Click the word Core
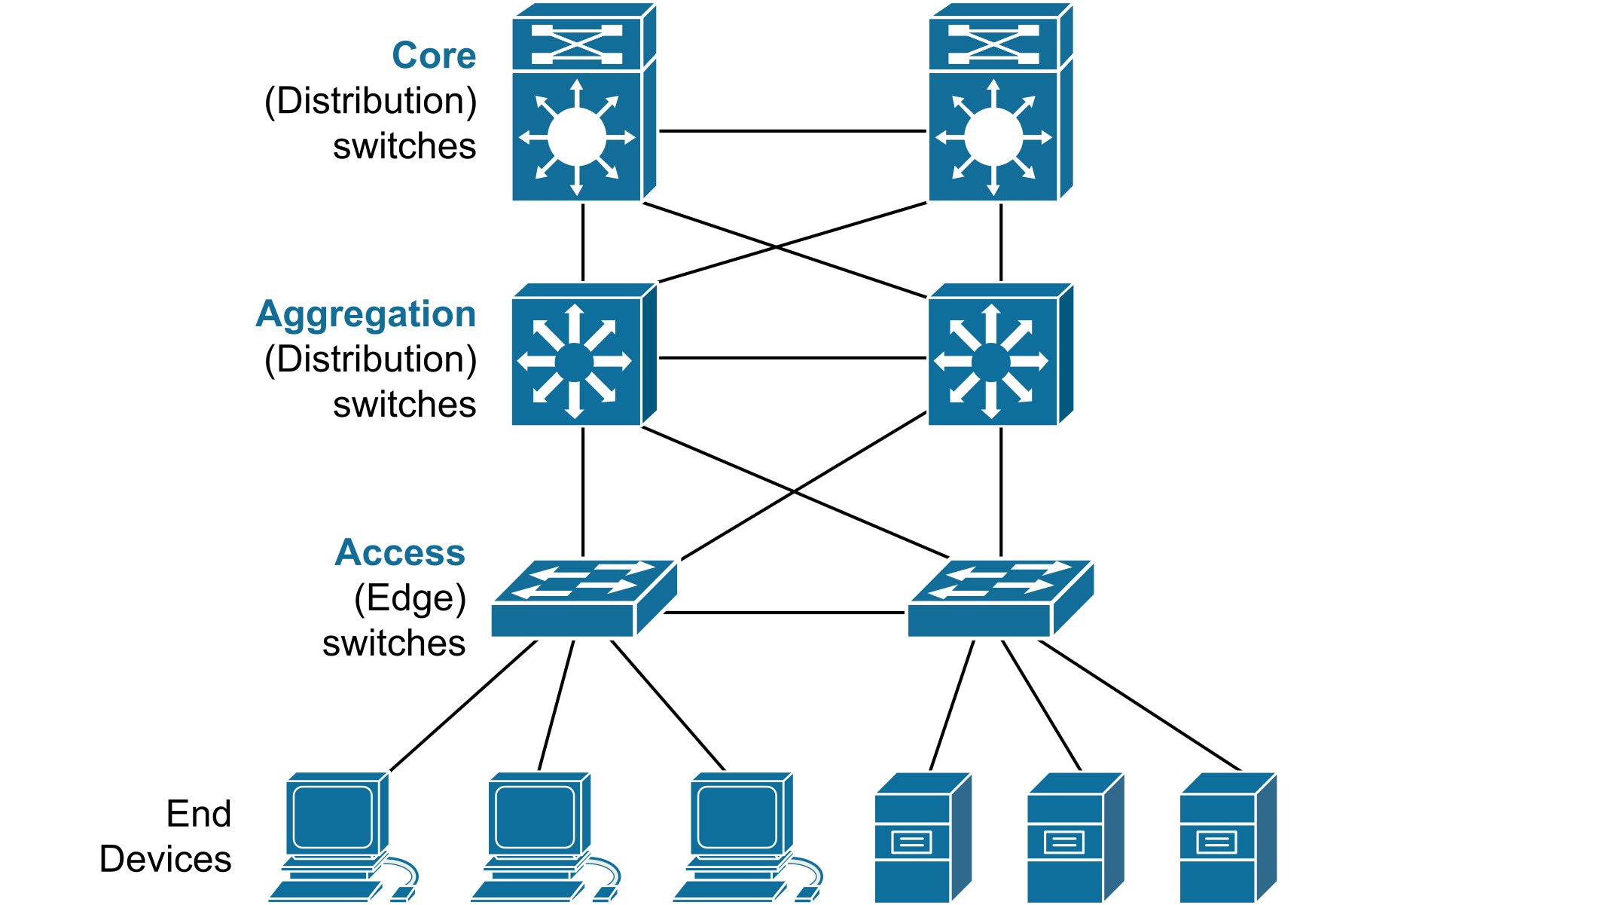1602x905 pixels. pos(434,56)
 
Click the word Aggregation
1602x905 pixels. pos(366,314)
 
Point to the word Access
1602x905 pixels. pos(400,552)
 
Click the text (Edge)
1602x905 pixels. pos(410,598)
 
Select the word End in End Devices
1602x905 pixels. pos(199,814)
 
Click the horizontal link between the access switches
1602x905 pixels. pos(783,613)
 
